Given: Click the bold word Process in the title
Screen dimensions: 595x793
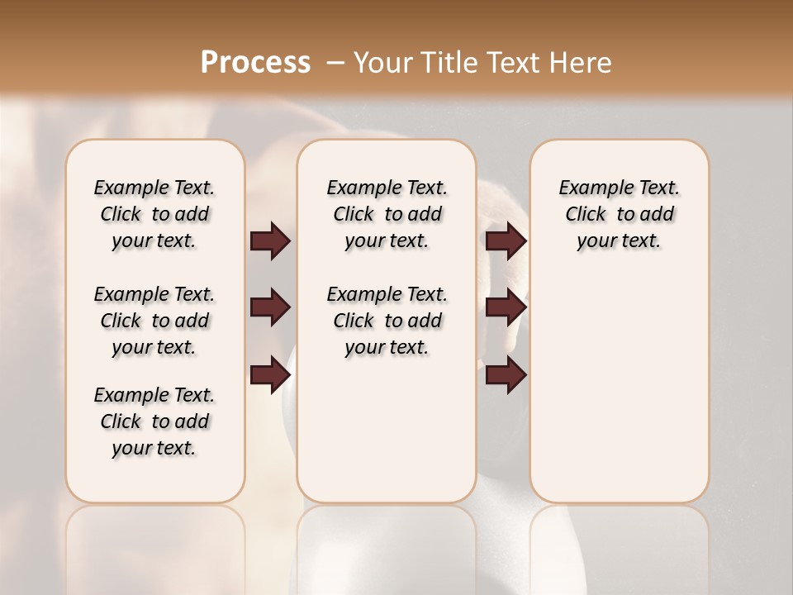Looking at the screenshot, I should coord(255,63).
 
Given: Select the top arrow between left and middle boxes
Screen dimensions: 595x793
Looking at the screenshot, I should coord(270,241).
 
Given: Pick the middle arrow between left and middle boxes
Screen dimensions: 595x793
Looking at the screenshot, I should coord(270,308).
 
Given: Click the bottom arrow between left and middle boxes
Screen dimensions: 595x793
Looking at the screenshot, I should coord(270,375).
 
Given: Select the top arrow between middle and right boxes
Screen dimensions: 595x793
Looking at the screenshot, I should coord(506,241).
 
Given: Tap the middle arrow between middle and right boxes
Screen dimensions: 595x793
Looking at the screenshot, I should coord(506,308).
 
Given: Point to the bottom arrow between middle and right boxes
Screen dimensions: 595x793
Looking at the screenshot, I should coord(506,375).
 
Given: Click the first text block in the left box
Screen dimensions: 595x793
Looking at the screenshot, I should coord(154,214).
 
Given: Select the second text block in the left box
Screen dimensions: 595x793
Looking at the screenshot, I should coord(154,321).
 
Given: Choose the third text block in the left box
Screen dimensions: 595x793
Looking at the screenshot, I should coord(154,421).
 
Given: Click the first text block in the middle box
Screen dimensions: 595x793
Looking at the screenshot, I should coord(387,214).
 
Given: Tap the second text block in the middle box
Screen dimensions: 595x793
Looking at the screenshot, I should coord(387,321).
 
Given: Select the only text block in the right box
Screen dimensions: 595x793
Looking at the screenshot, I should coord(619,214).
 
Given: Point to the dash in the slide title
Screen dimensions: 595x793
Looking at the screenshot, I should coord(335,63).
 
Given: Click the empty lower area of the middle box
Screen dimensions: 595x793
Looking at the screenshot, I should coord(387,430).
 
